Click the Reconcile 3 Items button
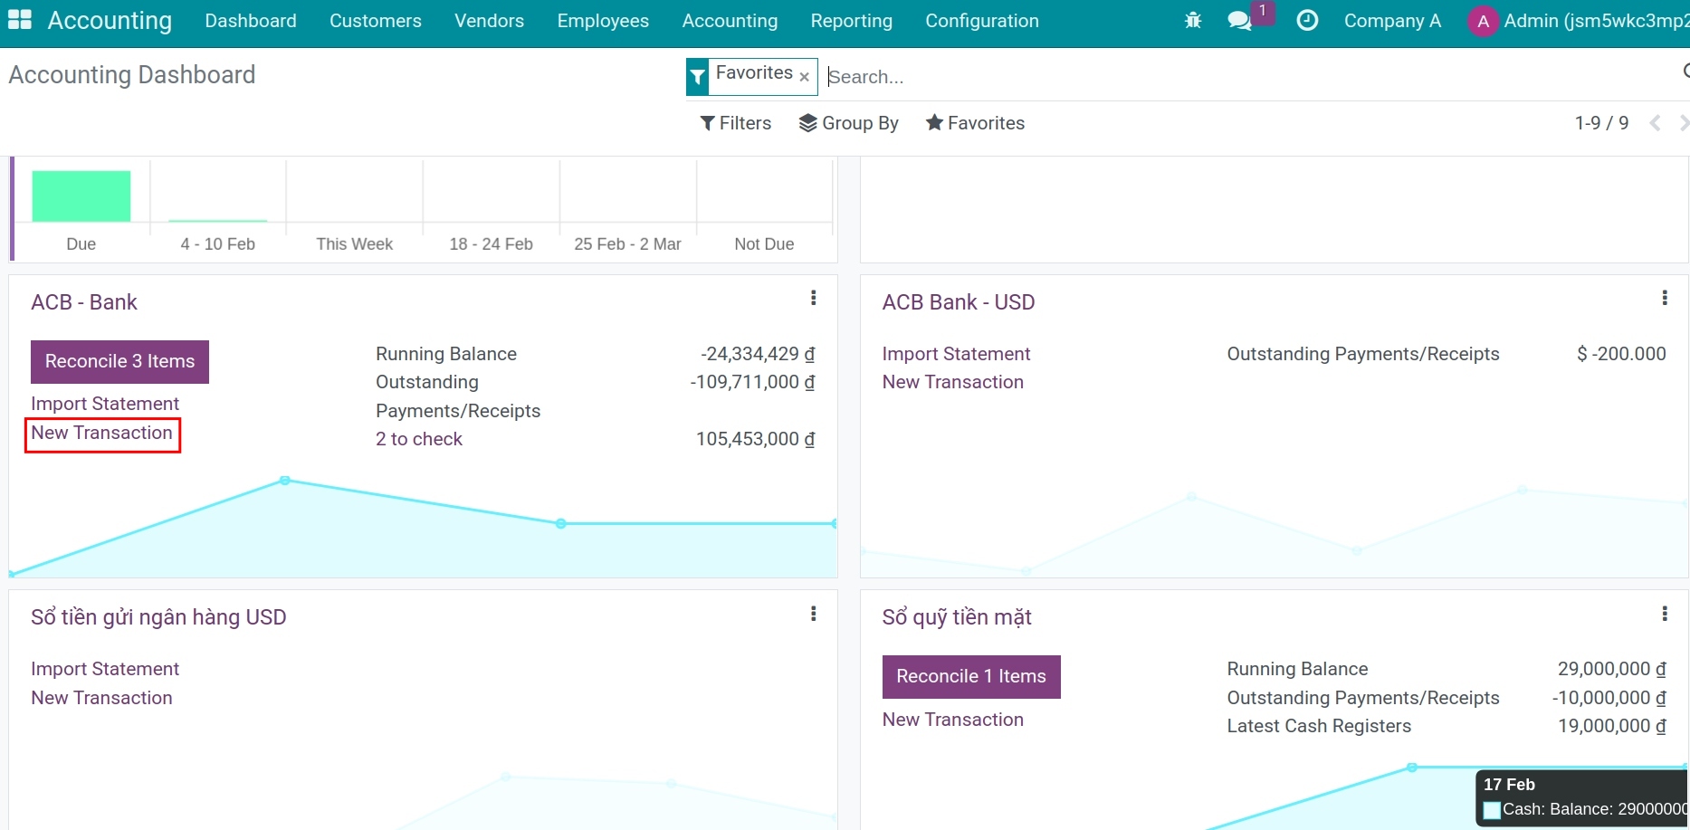[x=119, y=361]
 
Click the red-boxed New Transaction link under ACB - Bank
[x=101, y=434]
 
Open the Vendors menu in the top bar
[x=489, y=21]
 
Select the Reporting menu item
[x=851, y=21]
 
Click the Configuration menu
[x=981, y=21]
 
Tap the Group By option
[x=848, y=123]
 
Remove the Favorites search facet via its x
[x=804, y=77]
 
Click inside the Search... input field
[x=1177, y=77]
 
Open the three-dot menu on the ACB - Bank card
[x=813, y=298]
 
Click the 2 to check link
[x=418, y=439]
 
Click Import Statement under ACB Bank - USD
[x=956, y=354]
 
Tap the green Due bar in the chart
[x=81, y=196]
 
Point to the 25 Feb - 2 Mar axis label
[x=627, y=244]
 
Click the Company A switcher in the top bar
[x=1391, y=21]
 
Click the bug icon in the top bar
[x=1193, y=20]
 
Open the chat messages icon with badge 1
[x=1239, y=20]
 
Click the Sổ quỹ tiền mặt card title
[x=956, y=617]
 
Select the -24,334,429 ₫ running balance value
[x=757, y=354]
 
